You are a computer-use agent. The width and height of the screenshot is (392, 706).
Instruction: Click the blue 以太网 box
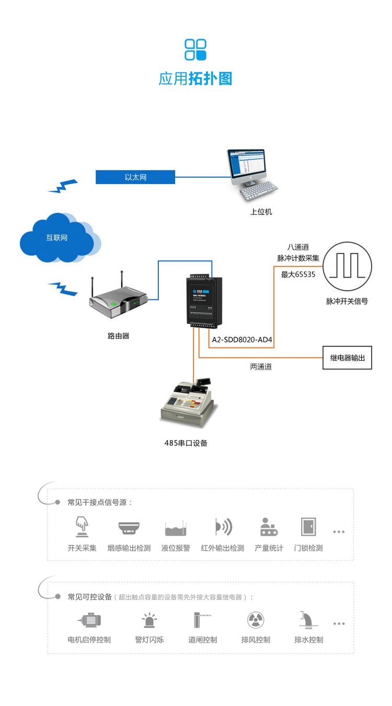click(135, 177)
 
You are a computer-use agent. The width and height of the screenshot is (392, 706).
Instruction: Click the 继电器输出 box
click(347, 358)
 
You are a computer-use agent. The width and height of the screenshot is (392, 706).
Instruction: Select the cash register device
click(188, 402)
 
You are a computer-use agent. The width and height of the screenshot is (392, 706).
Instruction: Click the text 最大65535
click(298, 274)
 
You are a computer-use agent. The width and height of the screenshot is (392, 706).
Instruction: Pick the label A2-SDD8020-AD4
click(242, 340)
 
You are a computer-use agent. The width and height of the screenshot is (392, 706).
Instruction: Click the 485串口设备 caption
click(186, 443)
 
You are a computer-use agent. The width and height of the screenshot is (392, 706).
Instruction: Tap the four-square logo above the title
click(195, 50)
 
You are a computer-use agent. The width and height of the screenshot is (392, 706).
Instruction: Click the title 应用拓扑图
click(195, 79)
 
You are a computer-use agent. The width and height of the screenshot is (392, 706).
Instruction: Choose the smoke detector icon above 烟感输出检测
click(128, 527)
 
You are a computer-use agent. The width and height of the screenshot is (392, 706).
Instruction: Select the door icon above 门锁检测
click(308, 527)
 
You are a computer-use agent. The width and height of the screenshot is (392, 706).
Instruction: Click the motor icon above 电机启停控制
click(89, 620)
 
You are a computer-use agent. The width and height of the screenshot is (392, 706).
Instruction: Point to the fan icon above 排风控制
click(256, 620)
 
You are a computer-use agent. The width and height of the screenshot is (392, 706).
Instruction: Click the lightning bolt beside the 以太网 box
click(63, 186)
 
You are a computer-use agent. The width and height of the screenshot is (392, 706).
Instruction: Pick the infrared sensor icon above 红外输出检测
click(223, 527)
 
